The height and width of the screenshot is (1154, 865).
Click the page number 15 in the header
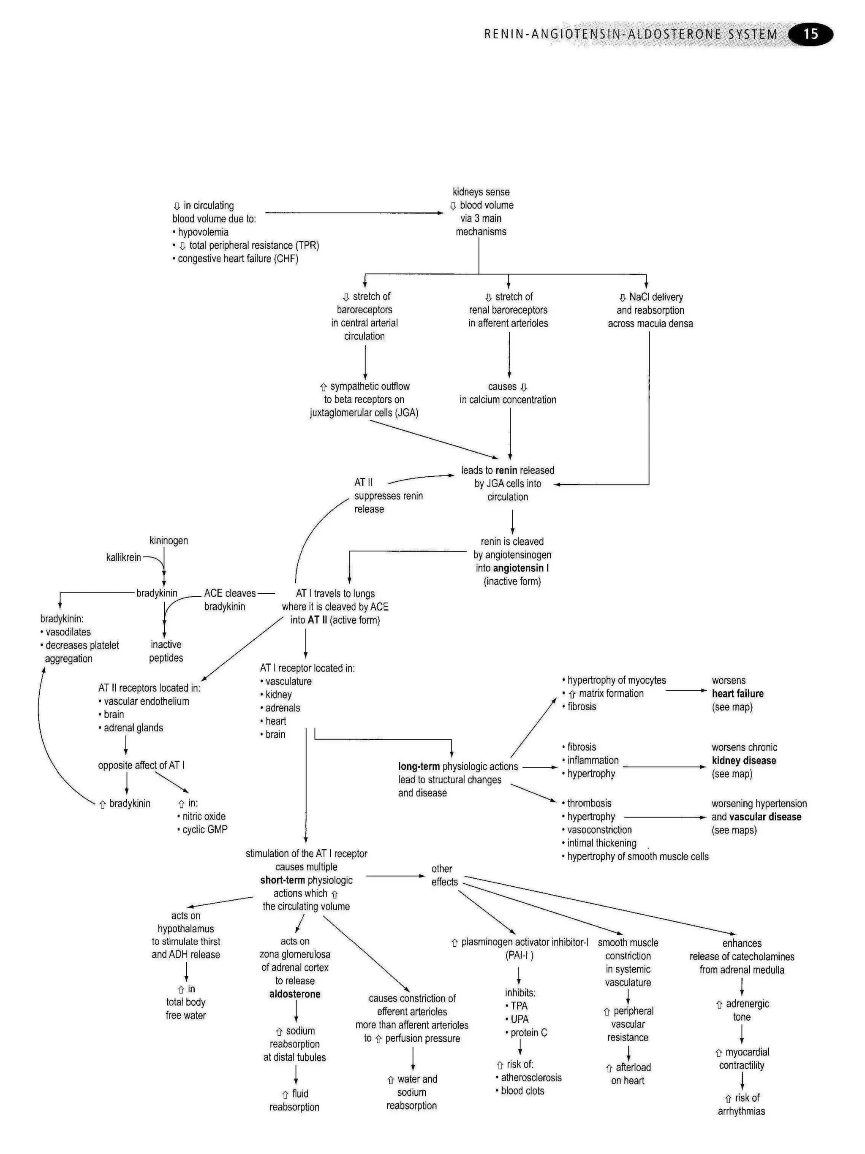810,35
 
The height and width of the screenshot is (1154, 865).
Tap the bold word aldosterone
295,994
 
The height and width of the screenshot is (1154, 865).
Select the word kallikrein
124,557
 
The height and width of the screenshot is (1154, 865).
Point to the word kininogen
169,540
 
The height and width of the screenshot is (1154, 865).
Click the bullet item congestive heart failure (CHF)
237,259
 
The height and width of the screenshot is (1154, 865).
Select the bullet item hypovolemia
203,232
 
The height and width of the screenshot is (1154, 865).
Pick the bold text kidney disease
743,760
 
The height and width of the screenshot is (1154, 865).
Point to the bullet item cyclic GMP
204,829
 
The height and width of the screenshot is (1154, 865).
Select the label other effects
444,875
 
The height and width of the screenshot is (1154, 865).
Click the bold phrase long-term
419,766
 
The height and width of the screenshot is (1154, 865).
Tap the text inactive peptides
166,651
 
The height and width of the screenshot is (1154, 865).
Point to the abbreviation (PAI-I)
519,955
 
